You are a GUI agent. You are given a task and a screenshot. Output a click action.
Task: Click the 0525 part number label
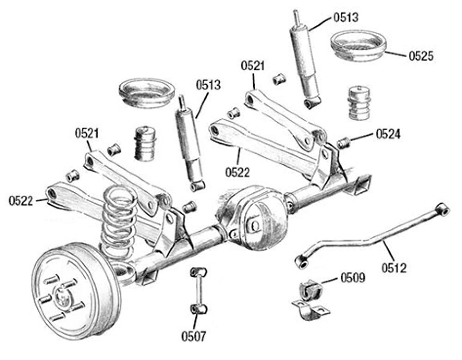pyautogui.click(x=421, y=56)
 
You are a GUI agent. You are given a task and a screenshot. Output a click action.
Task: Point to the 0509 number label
pyautogui.click(x=353, y=278)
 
